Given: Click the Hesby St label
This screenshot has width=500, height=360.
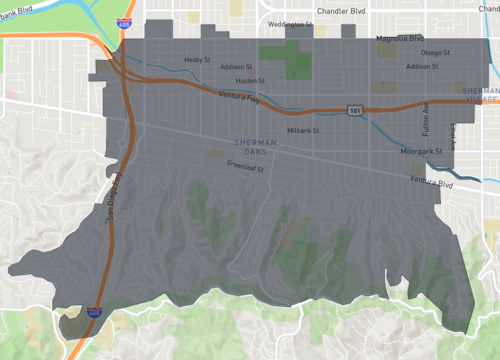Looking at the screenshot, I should coord(200,59).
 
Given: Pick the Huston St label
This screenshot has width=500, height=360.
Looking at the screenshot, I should coord(249,80).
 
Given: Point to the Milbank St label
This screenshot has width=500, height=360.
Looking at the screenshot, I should coord(302,130).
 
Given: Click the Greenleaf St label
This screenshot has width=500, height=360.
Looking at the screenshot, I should coord(244,168).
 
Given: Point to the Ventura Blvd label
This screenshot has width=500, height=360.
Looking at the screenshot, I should coord(432,182).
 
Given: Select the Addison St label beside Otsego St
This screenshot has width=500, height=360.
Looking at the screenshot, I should coord(424,66).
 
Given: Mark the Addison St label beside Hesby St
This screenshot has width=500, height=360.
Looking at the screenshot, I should coord(236,67).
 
